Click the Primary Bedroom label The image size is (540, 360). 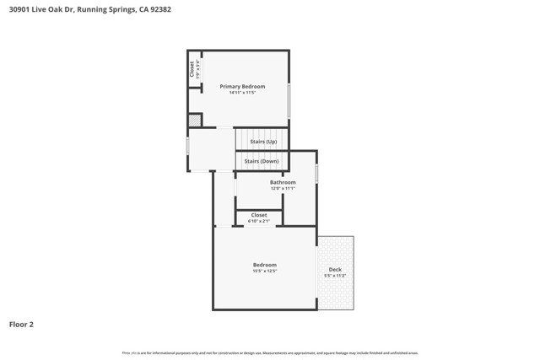242,86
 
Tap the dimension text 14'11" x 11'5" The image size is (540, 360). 242,93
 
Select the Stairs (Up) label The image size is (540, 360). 263,142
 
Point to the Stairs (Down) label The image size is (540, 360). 262,161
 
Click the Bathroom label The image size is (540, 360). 283,182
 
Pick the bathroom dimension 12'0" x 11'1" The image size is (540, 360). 283,189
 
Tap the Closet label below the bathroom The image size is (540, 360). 259,215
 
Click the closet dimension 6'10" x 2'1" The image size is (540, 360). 259,221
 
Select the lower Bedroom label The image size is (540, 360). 265,265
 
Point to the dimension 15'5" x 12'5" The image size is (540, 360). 265,271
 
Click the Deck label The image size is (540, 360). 335,270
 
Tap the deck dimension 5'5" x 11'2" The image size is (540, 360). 335,277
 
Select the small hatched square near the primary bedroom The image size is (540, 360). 194,121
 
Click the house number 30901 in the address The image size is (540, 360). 22,10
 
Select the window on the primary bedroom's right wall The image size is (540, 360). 289,101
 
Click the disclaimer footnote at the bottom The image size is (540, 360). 270,353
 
